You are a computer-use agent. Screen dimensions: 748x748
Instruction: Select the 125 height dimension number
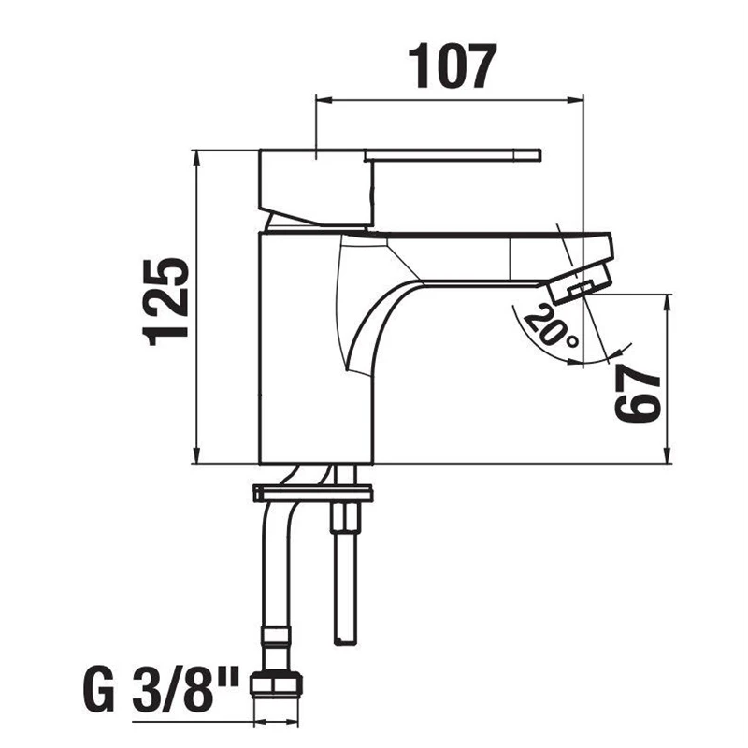[x=167, y=301]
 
